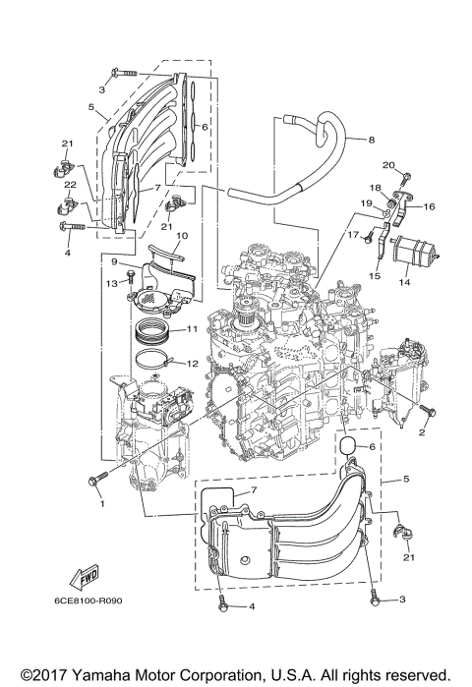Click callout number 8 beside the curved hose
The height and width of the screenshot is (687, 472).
(x=372, y=141)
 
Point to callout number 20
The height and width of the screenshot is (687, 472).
(x=388, y=164)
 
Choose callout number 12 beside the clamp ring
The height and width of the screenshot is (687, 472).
(x=192, y=363)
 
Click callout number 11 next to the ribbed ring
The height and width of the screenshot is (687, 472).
(x=192, y=328)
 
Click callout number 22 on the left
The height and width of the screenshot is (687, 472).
(x=70, y=186)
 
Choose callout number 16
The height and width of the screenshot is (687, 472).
(x=428, y=207)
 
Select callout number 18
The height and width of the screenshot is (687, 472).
(x=375, y=187)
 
